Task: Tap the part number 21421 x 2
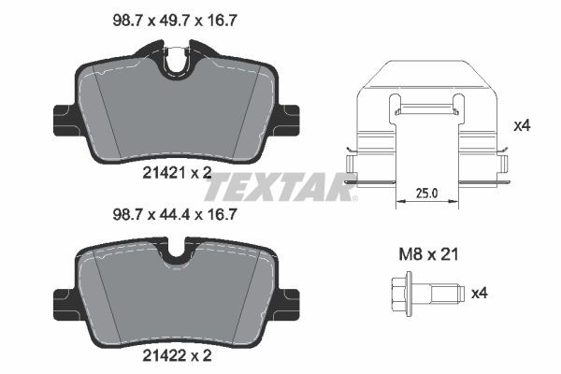[x=178, y=171]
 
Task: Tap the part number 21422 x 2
[x=178, y=356]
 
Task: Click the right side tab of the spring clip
[x=505, y=168]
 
